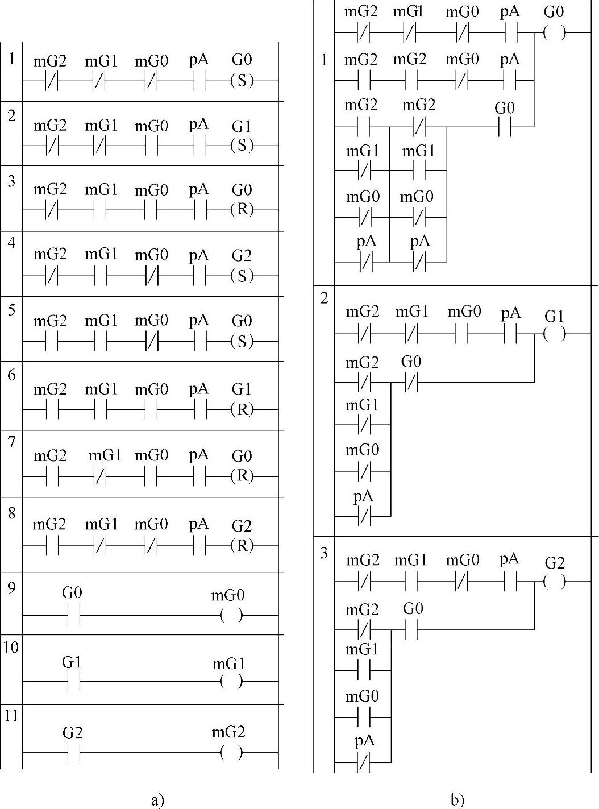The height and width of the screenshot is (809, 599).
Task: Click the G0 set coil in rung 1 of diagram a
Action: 242,81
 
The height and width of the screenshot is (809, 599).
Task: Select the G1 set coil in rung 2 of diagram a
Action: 242,146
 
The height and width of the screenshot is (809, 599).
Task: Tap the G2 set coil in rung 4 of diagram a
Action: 242,276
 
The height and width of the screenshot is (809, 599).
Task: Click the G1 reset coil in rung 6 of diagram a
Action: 242,409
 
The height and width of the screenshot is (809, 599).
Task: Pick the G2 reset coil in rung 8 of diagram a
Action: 242,546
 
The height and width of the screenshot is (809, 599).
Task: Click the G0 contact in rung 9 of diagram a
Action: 74,615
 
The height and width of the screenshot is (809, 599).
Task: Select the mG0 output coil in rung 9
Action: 231,615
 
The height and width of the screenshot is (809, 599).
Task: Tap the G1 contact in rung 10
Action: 74,681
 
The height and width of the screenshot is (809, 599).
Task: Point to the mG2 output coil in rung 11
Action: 231,753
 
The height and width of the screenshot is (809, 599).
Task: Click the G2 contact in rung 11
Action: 74,753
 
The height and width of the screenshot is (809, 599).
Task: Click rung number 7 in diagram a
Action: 12,442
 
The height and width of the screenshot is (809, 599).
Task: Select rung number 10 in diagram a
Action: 11,648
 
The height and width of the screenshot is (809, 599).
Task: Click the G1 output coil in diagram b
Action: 555,333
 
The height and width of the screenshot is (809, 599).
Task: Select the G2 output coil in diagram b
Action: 555,582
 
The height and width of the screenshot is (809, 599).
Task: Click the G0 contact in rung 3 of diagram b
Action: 411,630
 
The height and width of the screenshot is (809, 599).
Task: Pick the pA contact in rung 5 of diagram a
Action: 200,342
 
